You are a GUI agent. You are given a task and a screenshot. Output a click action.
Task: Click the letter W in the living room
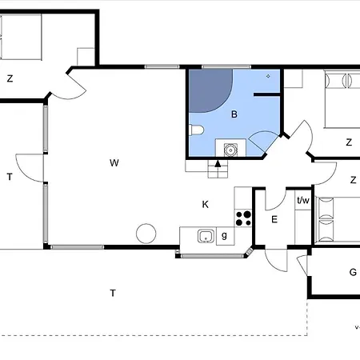114,163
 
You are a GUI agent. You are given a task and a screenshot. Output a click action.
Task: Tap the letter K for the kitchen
206,205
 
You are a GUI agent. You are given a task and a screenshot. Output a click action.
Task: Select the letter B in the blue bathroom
234,114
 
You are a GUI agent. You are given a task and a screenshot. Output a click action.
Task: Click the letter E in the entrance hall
274,219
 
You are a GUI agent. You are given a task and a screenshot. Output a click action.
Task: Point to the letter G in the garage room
353,272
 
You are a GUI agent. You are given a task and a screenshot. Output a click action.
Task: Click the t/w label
303,200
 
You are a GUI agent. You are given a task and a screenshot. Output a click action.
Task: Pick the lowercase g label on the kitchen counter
224,235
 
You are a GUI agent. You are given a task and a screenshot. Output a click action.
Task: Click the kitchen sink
206,236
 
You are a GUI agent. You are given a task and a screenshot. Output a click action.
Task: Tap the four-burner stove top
243,218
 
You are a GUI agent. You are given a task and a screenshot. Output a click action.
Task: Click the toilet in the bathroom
197,130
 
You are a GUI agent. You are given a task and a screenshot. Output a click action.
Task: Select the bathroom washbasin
230,150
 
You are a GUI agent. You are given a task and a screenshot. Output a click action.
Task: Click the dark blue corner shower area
208,90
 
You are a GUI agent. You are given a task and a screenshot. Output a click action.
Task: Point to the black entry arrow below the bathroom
218,163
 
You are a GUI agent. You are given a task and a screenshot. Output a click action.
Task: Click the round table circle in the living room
146,234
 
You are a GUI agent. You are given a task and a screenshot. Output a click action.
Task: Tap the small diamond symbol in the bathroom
268,76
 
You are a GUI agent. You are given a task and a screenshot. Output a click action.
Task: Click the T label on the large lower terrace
113,294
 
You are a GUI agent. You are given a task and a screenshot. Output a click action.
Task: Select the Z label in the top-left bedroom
10,78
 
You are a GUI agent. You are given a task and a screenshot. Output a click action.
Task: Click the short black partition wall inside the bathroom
266,94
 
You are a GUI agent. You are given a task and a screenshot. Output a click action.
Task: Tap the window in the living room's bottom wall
78,247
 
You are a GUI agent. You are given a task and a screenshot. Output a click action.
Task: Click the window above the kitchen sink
213,256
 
